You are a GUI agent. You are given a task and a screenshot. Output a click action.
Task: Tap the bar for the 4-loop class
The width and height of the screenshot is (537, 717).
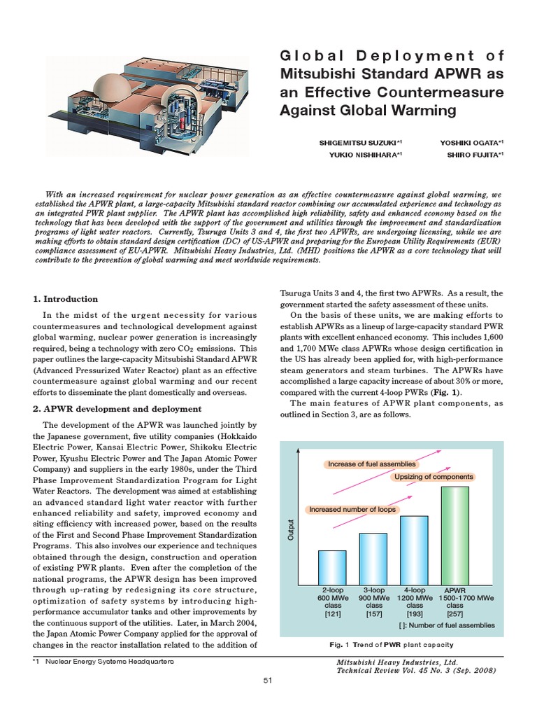(414, 550)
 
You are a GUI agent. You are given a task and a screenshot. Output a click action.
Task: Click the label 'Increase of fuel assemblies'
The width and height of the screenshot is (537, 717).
(371, 464)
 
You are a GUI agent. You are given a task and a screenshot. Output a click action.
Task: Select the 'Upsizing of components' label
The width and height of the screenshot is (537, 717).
(434, 477)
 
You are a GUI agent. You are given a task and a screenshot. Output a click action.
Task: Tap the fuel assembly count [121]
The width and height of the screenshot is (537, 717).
(332, 614)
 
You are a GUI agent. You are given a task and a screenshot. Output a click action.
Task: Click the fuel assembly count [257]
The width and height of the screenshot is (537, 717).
(455, 614)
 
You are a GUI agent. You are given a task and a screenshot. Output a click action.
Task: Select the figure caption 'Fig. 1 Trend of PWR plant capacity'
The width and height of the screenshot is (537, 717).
(391, 644)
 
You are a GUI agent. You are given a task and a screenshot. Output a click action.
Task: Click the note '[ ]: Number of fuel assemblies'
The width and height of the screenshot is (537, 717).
(447, 625)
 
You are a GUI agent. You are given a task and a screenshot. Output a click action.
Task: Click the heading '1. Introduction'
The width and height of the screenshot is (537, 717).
(66, 299)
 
